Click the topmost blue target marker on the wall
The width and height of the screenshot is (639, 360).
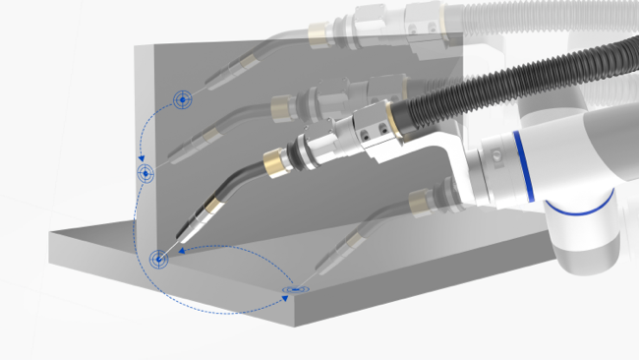pyautogui.click(x=182, y=98)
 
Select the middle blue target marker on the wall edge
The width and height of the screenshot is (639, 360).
pyautogui.click(x=145, y=174)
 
